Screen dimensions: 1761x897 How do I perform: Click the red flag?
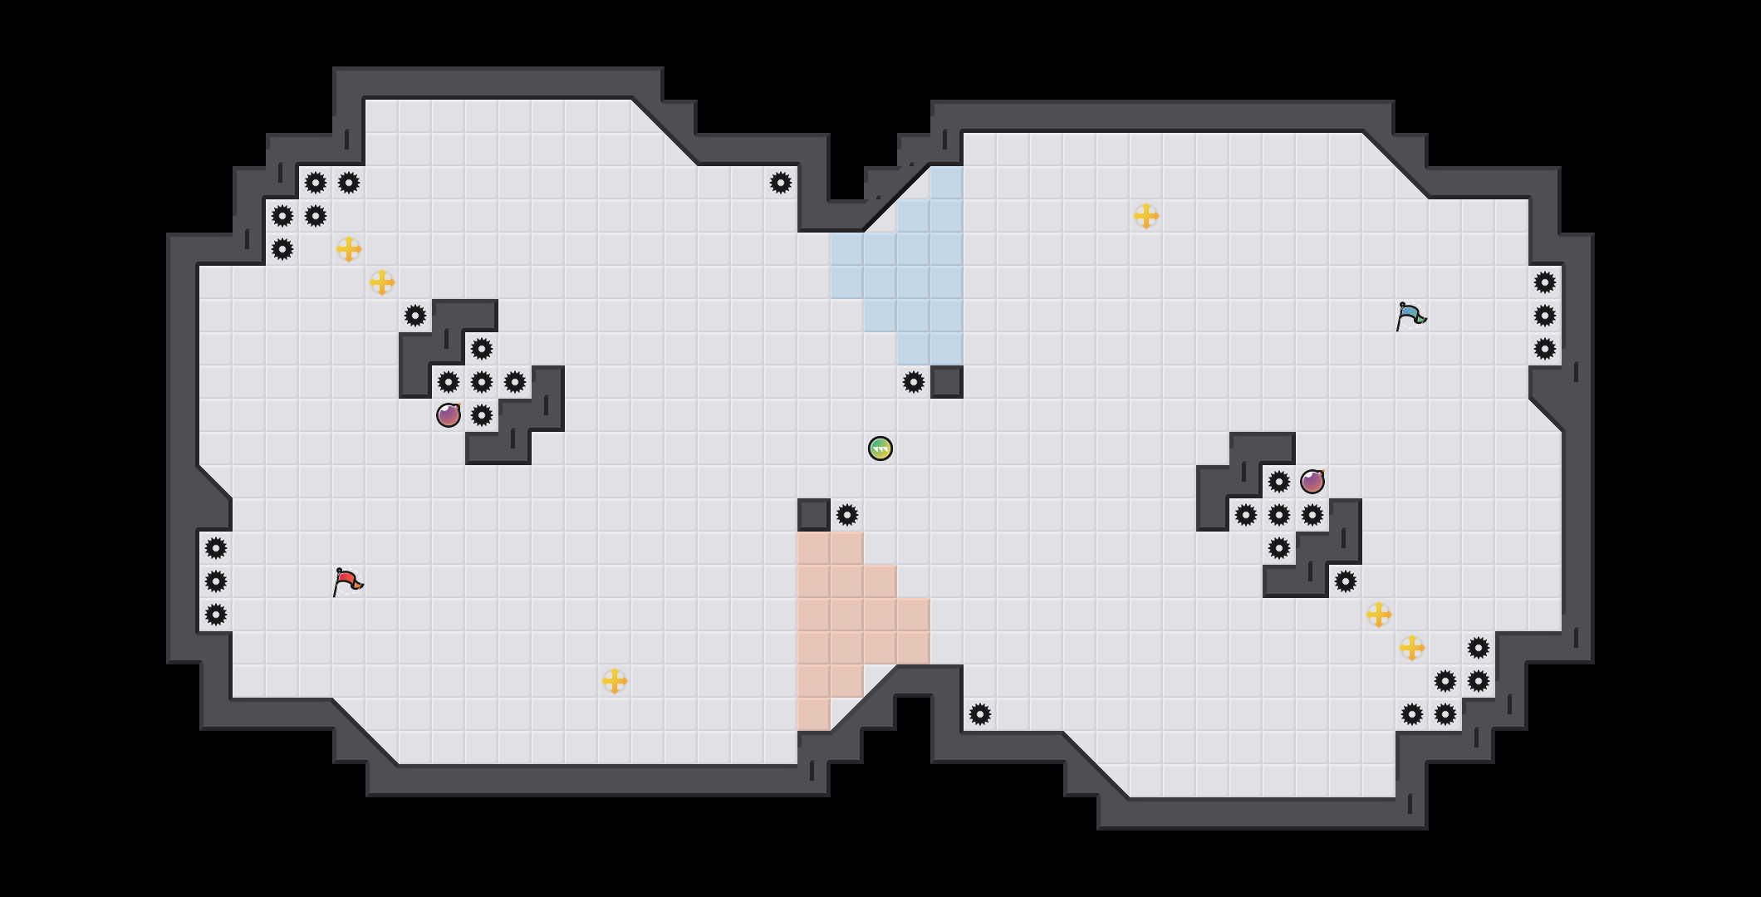pos(347,581)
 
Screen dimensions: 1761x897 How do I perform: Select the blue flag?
pos(1410,316)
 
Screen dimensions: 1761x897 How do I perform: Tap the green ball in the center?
pos(880,448)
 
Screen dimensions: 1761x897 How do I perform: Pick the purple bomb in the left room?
pos(449,415)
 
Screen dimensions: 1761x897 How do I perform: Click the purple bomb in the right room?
pos(1312,482)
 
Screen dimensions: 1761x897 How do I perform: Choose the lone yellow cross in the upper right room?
pos(1146,216)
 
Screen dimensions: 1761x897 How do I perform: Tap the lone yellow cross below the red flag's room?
pos(615,681)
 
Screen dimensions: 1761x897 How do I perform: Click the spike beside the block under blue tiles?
pos(914,382)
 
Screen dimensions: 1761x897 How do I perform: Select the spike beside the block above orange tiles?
pos(847,515)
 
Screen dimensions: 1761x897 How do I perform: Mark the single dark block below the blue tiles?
pos(947,382)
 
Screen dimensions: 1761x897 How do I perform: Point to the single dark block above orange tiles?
pos(814,515)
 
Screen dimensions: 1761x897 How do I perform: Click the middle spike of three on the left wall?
pos(216,581)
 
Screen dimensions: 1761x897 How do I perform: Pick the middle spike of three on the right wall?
pos(1545,316)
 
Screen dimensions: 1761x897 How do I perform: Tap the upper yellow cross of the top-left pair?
pos(349,249)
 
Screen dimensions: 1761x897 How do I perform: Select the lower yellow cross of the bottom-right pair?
pos(1412,648)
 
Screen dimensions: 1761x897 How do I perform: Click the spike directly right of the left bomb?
pos(482,415)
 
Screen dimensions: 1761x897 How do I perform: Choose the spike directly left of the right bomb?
pos(1279,482)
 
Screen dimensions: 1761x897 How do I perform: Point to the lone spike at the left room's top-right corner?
pos(781,183)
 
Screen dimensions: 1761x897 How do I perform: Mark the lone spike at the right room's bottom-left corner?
pos(980,714)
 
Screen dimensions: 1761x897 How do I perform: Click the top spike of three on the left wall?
pos(216,548)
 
